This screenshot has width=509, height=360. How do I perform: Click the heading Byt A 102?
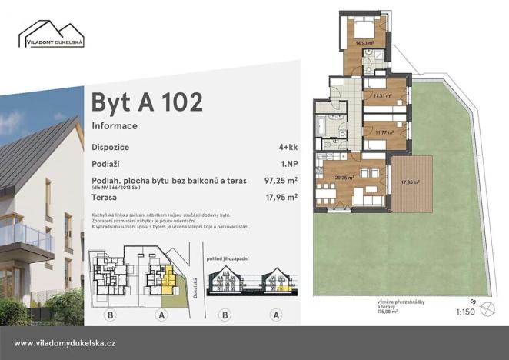click(147, 102)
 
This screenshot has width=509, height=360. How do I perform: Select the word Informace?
click(115, 125)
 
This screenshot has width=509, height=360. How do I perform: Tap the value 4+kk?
click(288, 145)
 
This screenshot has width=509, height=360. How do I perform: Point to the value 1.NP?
click(289, 163)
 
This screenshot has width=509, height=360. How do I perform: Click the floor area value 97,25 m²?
click(281, 181)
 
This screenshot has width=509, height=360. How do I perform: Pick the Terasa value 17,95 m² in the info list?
click(281, 197)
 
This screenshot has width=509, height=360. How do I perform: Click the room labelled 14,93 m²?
click(364, 44)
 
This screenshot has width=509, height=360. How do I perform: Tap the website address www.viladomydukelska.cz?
click(65, 343)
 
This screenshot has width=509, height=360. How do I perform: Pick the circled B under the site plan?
click(111, 315)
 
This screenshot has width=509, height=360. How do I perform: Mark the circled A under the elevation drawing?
click(276, 315)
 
